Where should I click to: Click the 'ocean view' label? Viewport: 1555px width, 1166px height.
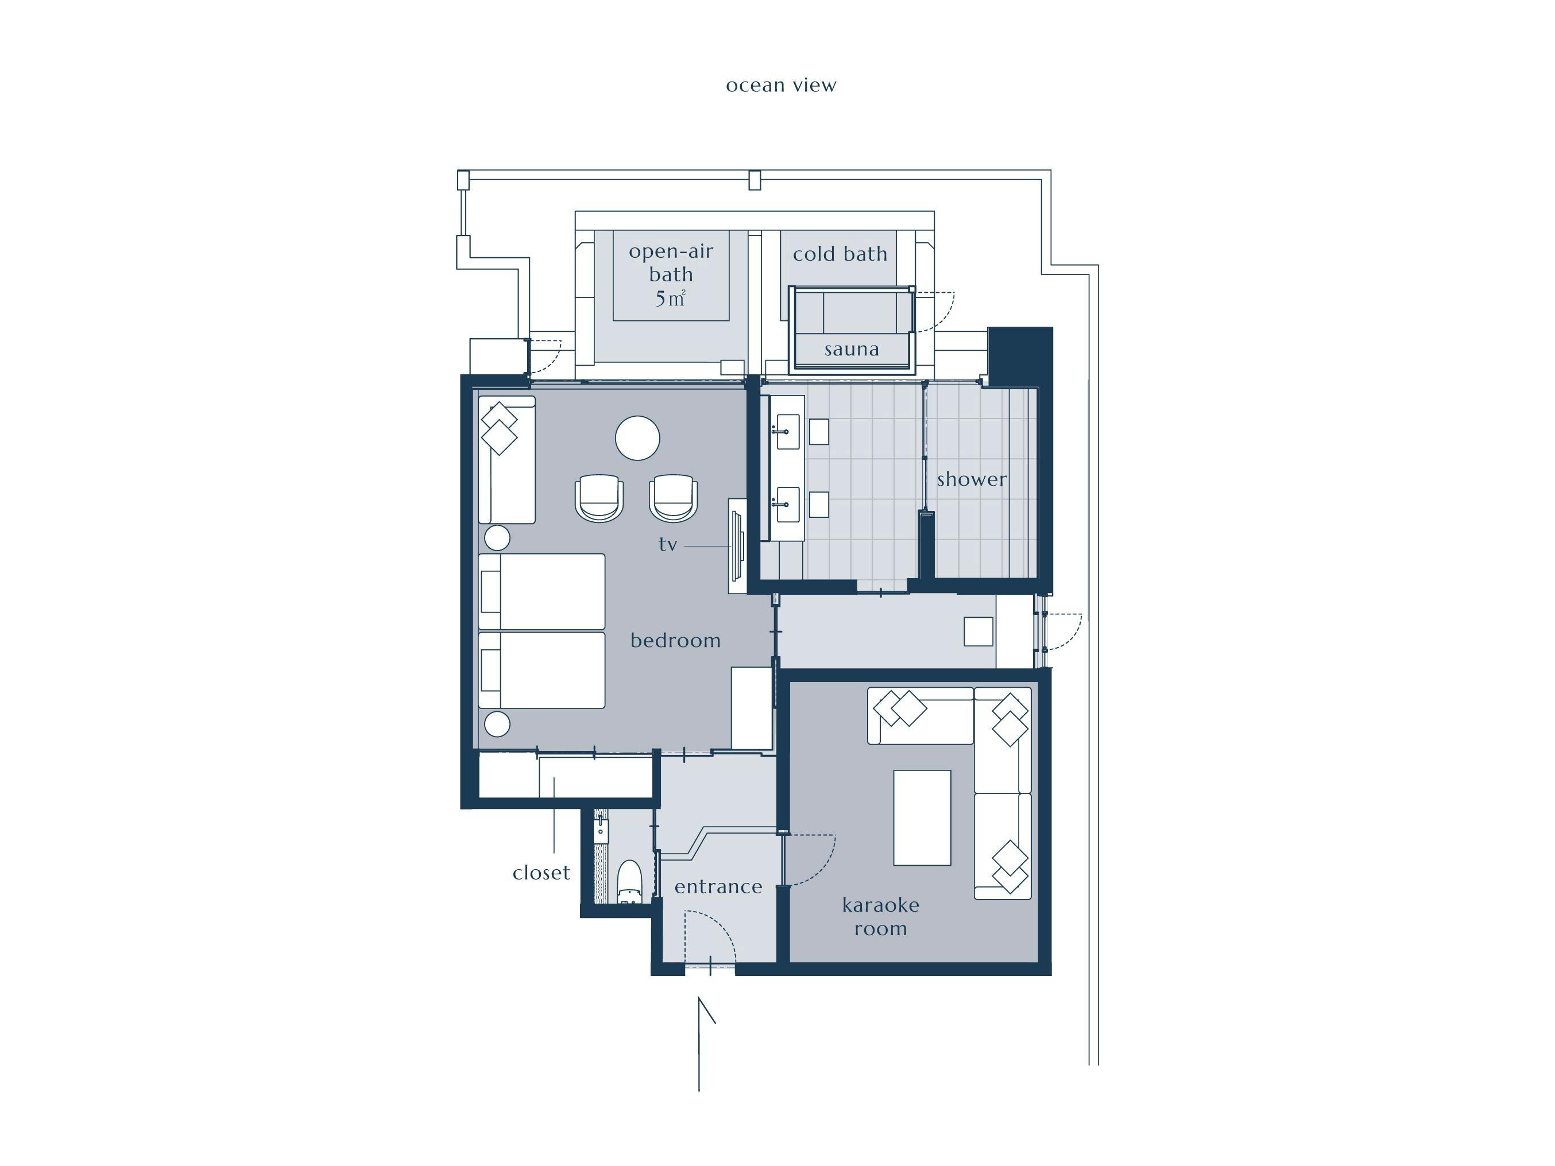coord(781,85)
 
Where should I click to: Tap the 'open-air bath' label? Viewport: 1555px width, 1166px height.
coord(671,262)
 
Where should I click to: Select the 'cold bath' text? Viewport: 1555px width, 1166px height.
coord(840,254)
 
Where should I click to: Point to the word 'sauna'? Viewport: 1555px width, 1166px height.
coord(852,349)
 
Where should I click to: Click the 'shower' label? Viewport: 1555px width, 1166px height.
coord(972,479)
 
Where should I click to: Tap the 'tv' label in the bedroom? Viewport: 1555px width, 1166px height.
coord(668,544)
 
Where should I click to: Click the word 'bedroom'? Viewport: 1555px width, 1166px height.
coord(675,640)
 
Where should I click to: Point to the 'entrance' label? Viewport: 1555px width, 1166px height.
coord(718,887)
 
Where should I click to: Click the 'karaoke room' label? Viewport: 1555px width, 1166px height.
coord(881,916)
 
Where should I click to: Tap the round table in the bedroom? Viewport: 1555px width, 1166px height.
coord(637,438)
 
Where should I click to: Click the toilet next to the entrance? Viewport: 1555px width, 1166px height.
coord(629,881)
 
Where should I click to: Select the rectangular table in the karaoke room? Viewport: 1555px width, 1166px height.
coord(922,818)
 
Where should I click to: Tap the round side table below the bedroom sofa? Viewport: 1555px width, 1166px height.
coord(497,538)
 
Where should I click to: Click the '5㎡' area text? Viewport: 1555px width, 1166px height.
coord(670,299)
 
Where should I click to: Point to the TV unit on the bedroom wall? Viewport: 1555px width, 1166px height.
coord(737,545)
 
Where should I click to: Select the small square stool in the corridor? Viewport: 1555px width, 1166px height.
coord(978,631)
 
